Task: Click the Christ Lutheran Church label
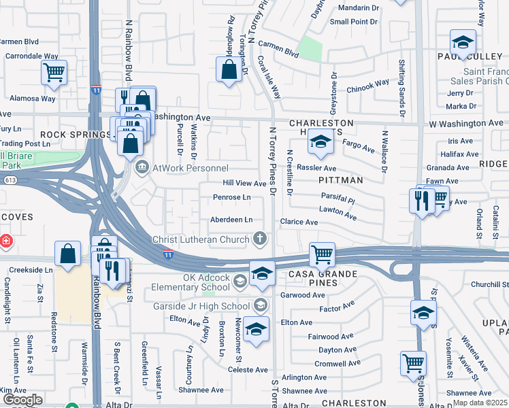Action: pos(201,239)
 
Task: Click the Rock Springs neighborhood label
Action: pos(74,135)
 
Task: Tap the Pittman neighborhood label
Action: pos(340,180)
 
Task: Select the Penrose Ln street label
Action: pos(232,198)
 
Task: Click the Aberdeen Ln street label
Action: pos(231,220)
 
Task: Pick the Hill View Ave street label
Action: pos(245,184)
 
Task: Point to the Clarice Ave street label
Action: pos(299,222)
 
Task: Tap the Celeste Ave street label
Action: pos(248,370)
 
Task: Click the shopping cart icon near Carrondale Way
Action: pos(54,71)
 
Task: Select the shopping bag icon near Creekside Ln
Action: pos(69,254)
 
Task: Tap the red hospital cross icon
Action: pos(5,241)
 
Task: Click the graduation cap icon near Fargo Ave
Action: pos(318,142)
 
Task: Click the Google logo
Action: pos(22,400)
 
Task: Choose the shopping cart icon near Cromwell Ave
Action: pos(413,362)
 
